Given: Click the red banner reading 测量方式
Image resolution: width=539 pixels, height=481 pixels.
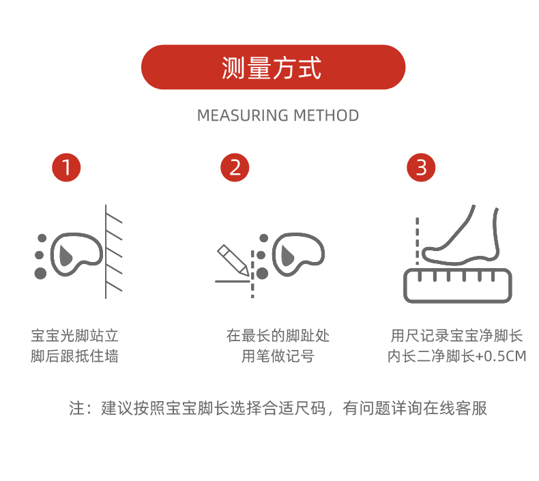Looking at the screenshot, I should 273,68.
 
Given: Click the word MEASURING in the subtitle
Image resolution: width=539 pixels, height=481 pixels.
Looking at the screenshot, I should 242,115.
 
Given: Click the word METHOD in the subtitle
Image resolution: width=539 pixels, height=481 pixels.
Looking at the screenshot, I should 326,115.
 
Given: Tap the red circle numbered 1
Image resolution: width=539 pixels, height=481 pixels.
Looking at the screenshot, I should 67,167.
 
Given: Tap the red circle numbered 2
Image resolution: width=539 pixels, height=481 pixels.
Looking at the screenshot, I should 235,167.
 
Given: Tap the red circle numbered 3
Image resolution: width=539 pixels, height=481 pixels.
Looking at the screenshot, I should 421,167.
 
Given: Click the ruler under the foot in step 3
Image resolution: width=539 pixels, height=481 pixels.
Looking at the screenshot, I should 456,285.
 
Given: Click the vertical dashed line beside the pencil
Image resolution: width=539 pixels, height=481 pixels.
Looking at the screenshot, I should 253,273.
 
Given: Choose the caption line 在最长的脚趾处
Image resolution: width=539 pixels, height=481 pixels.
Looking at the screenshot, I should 278,336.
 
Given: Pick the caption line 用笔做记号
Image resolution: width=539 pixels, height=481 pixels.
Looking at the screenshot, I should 278,356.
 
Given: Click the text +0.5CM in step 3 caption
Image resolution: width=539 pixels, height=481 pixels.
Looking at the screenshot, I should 501,356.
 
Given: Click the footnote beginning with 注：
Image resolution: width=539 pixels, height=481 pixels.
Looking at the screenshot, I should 278,408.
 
